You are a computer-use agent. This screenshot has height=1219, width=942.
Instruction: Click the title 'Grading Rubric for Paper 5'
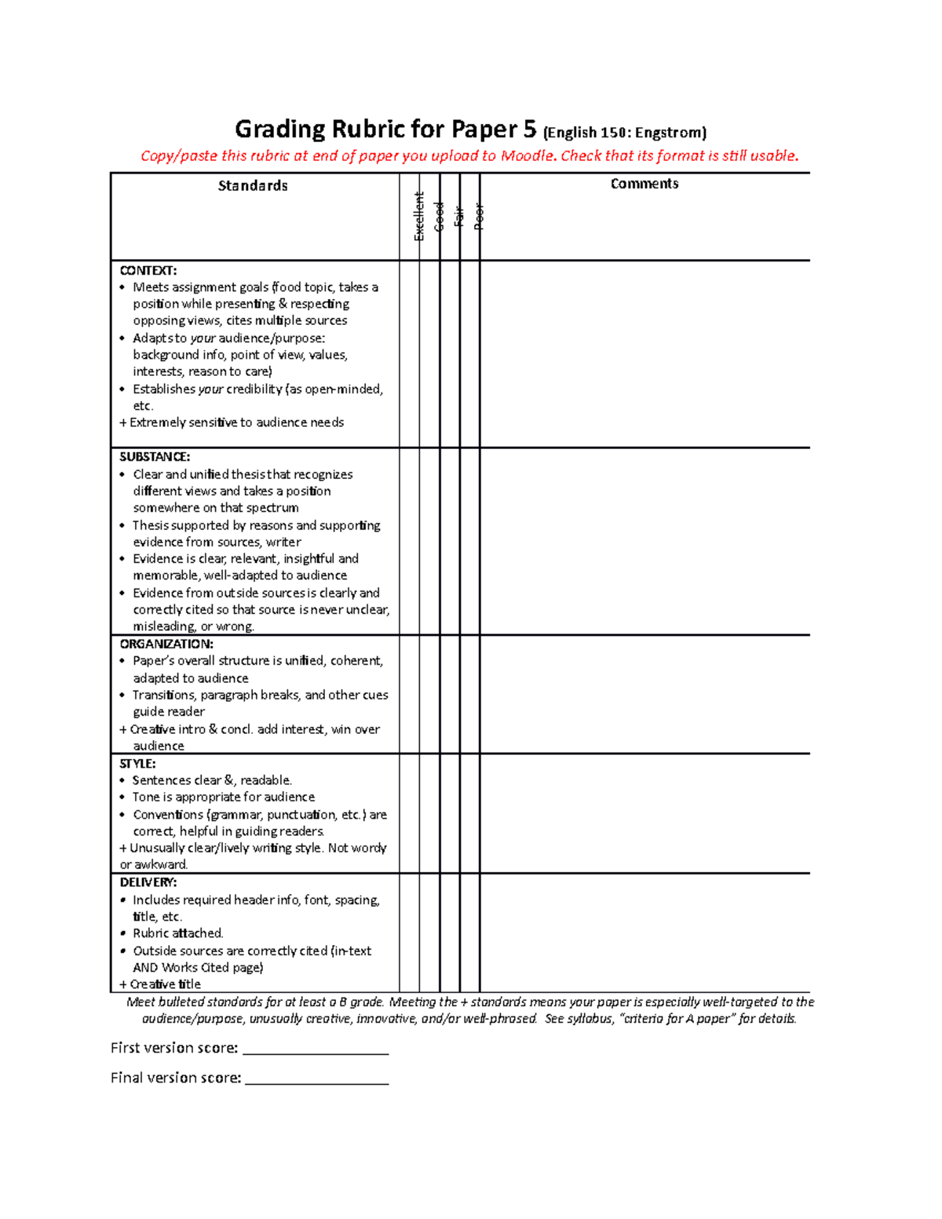pyautogui.click(x=386, y=129)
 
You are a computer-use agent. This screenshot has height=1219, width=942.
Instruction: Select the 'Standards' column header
pyautogui.click(x=253, y=186)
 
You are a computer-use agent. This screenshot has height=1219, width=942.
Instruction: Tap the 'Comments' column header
pyautogui.click(x=644, y=184)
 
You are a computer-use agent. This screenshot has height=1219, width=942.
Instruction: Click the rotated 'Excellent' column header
pyautogui.click(x=419, y=217)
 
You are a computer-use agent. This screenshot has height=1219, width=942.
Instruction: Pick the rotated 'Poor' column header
pyautogui.click(x=480, y=217)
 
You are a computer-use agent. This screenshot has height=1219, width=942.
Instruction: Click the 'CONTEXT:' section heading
pyautogui.click(x=148, y=271)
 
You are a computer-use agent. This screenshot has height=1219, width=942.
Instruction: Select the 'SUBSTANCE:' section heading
pyautogui.click(x=155, y=457)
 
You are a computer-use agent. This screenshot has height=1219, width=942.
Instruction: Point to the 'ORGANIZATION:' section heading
pyautogui.click(x=166, y=644)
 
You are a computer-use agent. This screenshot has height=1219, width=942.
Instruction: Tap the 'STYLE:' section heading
pyautogui.click(x=137, y=764)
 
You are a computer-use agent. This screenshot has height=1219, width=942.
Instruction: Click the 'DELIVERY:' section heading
pyautogui.click(x=148, y=882)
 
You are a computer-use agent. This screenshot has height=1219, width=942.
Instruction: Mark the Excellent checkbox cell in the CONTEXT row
pyautogui.click(x=409, y=353)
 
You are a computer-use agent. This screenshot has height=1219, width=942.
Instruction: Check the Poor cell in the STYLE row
pyautogui.click(x=469, y=813)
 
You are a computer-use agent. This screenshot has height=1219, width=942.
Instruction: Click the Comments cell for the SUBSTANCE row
pyautogui.click(x=644, y=542)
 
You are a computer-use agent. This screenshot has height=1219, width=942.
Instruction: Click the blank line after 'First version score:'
pyautogui.click(x=316, y=1049)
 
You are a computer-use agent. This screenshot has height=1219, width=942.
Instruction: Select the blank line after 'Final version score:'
pyautogui.click(x=316, y=1078)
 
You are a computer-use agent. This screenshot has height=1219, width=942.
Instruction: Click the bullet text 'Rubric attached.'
pyautogui.click(x=177, y=933)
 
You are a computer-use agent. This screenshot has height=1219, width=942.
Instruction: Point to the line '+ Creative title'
pyautogui.click(x=160, y=984)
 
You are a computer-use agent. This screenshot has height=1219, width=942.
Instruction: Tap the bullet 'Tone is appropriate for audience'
pyautogui.click(x=223, y=797)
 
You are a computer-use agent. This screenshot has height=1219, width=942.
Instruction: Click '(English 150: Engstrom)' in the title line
pyautogui.click(x=624, y=132)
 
